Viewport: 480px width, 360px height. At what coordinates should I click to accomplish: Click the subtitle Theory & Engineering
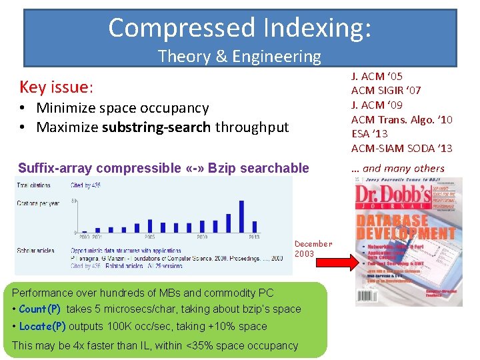[x=239, y=57]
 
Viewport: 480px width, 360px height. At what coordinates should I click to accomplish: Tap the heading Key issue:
[x=57, y=87]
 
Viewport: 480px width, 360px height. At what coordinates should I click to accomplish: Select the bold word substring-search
[x=158, y=127]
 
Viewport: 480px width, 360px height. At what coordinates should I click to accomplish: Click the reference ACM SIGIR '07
[x=386, y=91]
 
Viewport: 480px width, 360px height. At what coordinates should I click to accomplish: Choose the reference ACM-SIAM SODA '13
[x=401, y=148]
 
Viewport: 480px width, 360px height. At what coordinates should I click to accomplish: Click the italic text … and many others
[x=397, y=168]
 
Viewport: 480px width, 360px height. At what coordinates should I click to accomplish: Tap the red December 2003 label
[x=313, y=249]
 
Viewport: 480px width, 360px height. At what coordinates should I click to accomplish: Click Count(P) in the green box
[x=40, y=309]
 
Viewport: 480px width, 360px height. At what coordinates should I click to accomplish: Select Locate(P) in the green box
[x=42, y=327]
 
